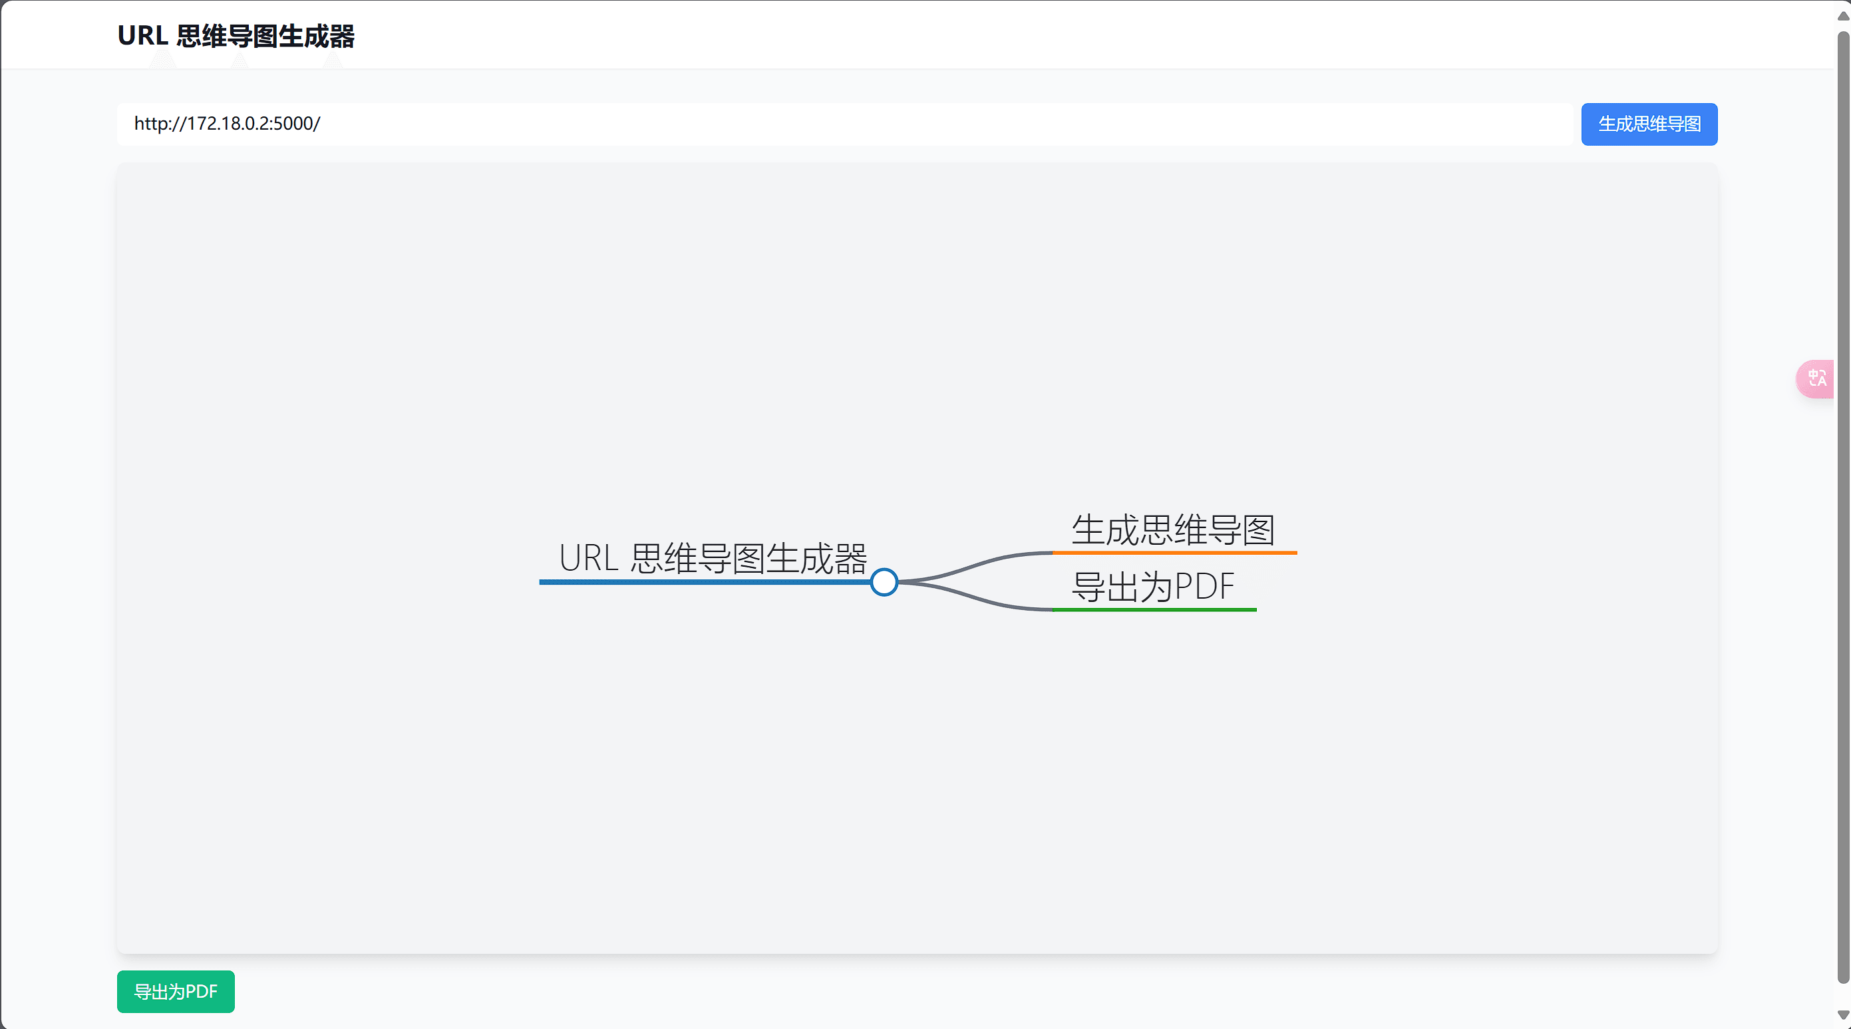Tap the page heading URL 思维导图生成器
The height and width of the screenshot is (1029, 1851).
(x=236, y=36)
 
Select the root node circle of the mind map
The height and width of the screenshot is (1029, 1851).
(x=883, y=582)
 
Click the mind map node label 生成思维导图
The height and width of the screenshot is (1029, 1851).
(x=1173, y=530)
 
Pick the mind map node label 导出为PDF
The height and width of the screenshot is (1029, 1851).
(x=1152, y=587)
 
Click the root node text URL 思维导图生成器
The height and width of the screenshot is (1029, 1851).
(x=713, y=558)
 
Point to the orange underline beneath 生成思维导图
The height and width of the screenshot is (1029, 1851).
(x=1174, y=553)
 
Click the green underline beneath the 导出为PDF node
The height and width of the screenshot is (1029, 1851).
(x=1154, y=610)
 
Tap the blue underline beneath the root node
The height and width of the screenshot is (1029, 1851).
(x=704, y=582)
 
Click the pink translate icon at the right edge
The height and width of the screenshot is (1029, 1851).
(x=1816, y=378)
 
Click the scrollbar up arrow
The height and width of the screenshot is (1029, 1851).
(x=1842, y=16)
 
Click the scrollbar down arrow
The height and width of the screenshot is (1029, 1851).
(x=1842, y=1014)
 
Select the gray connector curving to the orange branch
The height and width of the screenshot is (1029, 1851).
(x=977, y=565)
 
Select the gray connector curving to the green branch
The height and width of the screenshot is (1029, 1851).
(x=977, y=599)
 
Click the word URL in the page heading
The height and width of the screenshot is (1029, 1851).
(x=142, y=36)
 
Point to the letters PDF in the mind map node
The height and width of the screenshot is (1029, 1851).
(x=1204, y=587)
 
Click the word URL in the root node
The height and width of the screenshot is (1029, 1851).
(x=588, y=558)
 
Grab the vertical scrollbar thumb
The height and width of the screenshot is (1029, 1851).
(x=1842, y=503)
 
